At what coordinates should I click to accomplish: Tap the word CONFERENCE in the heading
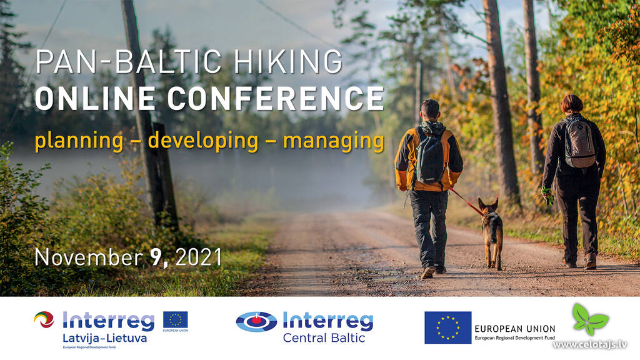[x=276, y=98]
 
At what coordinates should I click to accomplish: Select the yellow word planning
[x=79, y=141]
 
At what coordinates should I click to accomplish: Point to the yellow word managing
[x=334, y=141]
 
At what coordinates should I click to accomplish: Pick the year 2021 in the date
[x=198, y=257]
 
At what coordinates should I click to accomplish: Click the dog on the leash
[x=491, y=232]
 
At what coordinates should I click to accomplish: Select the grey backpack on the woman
[x=579, y=142]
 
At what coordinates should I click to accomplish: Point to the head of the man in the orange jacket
[x=430, y=110]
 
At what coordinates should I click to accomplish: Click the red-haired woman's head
[x=571, y=104]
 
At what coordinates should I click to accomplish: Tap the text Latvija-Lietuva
[x=104, y=338]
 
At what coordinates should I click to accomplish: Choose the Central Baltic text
[x=324, y=338]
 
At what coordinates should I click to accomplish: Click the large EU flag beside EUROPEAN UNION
[x=447, y=327]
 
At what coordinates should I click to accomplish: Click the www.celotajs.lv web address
[x=590, y=345]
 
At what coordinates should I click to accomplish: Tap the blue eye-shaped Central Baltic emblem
[x=256, y=322]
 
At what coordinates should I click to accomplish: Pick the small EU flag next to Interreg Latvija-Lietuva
[x=176, y=320]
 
